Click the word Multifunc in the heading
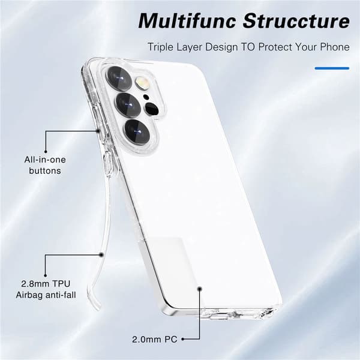[x=187, y=20]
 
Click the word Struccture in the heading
[x=296, y=20]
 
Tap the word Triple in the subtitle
[x=160, y=47]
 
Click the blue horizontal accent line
[x=332, y=68]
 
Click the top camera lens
[x=119, y=79]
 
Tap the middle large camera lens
[x=128, y=105]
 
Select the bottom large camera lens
[x=137, y=132]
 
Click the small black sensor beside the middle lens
[x=152, y=109]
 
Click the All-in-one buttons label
[x=45, y=165]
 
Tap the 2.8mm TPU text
[x=46, y=284]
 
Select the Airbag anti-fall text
[x=46, y=295]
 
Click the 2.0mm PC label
[x=155, y=340]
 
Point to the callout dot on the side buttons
[x=98, y=131]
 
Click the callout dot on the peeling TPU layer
[x=101, y=254]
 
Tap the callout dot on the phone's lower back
[x=200, y=289]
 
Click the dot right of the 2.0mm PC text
[x=183, y=339]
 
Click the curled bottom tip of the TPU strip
[x=97, y=308]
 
